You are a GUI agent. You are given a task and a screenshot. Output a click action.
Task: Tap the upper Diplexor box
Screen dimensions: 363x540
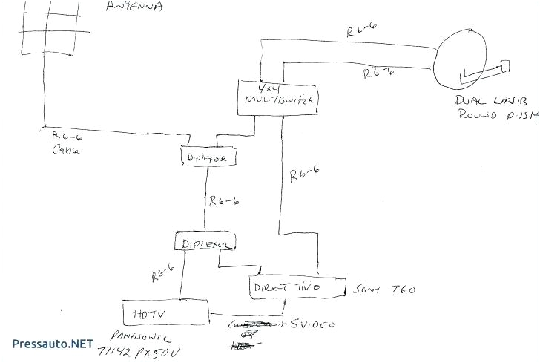[210, 157]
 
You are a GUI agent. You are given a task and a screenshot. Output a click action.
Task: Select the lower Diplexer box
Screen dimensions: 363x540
[204, 242]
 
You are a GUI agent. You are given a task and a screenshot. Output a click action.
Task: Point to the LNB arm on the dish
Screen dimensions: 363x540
[486, 72]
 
